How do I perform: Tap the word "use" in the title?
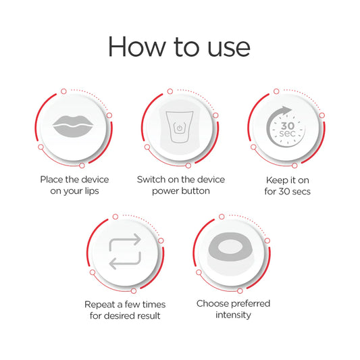[x=229, y=49]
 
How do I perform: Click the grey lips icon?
[x=73, y=126]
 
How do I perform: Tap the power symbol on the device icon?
[x=180, y=128]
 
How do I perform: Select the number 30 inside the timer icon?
[x=288, y=126]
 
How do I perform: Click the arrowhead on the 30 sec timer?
[x=286, y=111]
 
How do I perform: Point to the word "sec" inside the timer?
[x=288, y=133]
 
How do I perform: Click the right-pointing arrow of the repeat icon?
[x=125, y=242]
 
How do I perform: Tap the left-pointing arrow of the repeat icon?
[x=125, y=260]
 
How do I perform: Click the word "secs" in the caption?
[x=301, y=191]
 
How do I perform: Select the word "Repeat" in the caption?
[x=100, y=305]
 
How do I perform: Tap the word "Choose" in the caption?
[x=211, y=303]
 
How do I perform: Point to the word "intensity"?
[x=233, y=315]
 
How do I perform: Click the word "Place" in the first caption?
[x=51, y=180]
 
